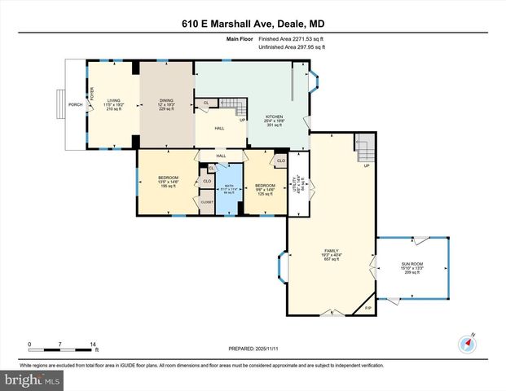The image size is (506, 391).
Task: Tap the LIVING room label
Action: tap(113, 100)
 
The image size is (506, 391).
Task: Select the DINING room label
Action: tap(165, 100)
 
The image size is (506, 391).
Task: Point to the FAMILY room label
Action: tap(332, 251)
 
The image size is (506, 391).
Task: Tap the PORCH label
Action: tap(74, 104)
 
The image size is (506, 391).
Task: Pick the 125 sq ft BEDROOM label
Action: tap(264, 185)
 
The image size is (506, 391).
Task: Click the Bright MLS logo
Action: tap(30, 380)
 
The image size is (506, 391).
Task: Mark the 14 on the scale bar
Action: tap(94, 345)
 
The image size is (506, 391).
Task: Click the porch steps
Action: tap(59, 104)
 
